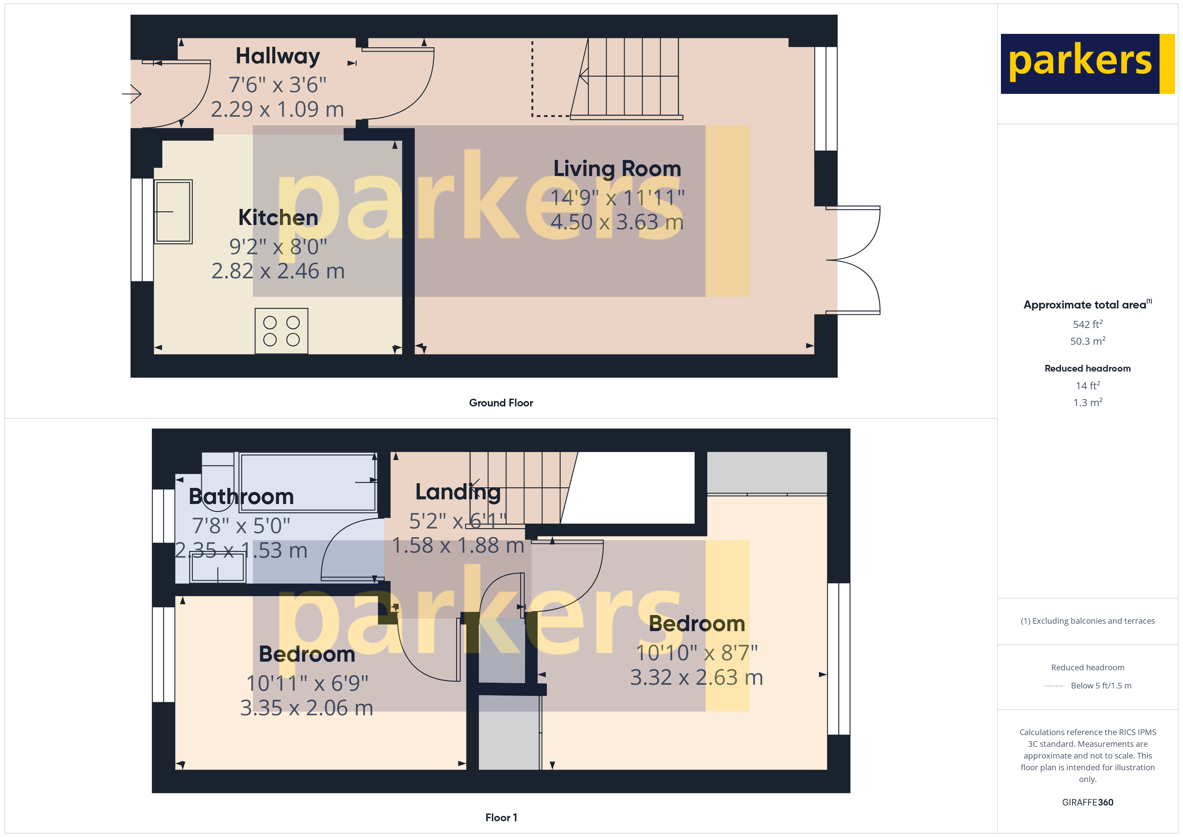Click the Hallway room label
click(x=278, y=56)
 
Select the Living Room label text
click(x=617, y=169)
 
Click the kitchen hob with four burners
click(x=281, y=331)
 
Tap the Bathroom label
click(x=241, y=496)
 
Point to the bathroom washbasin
click(x=217, y=569)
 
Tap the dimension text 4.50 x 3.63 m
click(x=617, y=222)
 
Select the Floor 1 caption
click(x=501, y=818)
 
